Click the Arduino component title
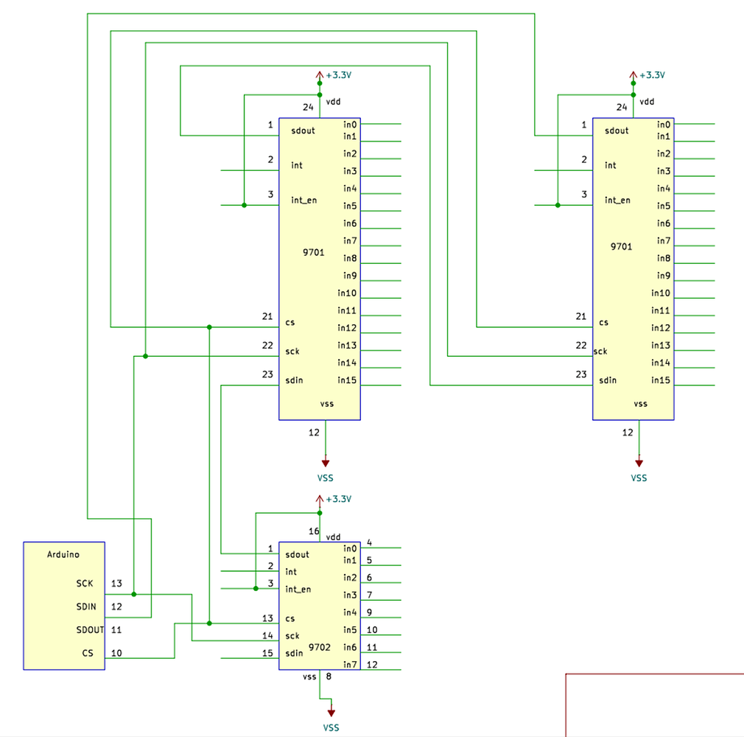pyautogui.click(x=63, y=554)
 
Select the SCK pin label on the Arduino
pyautogui.click(x=85, y=583)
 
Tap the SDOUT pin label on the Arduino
pyautogui.click(x=90, y=630)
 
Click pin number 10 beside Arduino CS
pyautogui.click(x=116, y=653)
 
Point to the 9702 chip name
pyautogui.click(x=319, y=646)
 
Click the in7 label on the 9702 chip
pyautogui.click(x=350, y=665)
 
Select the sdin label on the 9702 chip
pyautogui.click(x=295, y=653)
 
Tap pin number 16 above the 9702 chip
pyautogui.click(x=314, y=531)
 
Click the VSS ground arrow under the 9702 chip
pyautogui.click(x=331, y=712)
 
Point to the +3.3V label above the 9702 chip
pyautogui.click(x=339, y=499)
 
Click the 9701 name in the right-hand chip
pyautogui.click(x=621, y=247)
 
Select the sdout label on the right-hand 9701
pyautogui.click(x=617, y=130)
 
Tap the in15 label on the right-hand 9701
pyautogui.click(x=661, y=380)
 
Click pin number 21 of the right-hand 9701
pyautogui.click(x=581, y=316)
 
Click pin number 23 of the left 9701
pyautogui.click(x=267, y=374)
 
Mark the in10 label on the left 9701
pyautogui.click(x=347, y=293)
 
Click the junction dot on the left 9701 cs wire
pyautogui.click(x=210, y=326)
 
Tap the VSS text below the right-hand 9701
pyautogui.click(x=639, y=478)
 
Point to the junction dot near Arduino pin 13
pyautogui.click(x=134, y=593)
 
